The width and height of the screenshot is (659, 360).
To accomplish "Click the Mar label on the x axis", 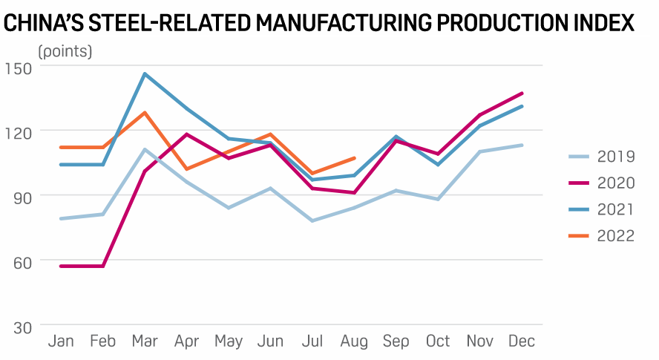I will [145, 341].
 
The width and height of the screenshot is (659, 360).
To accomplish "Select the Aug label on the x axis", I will [353, 341].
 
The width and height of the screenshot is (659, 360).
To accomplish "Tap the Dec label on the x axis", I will [522, 341].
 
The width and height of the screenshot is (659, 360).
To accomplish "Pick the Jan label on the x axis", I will [60, 341].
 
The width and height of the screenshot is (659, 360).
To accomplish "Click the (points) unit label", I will [65, 52].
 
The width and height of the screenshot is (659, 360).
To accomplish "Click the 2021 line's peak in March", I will [145, 73].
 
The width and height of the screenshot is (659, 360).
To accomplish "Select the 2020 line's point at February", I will [102, 266].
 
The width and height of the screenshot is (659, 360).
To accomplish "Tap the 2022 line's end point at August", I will [355, 158].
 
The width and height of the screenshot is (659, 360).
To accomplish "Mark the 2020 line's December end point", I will [522, 94].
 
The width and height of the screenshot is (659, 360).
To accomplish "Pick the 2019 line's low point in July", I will [312, 220].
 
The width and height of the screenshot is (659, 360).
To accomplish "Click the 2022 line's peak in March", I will [145, 112].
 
